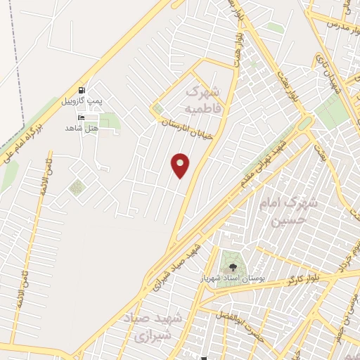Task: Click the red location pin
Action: (x=181, y=165)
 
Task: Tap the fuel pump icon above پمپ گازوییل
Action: (x=84, y=90)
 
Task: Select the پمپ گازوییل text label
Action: (x=84, y=101)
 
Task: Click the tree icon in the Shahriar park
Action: (x=231, y=266)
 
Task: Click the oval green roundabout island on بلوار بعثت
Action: (x=304, y=124)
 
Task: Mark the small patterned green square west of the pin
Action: (x=77, y=187)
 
